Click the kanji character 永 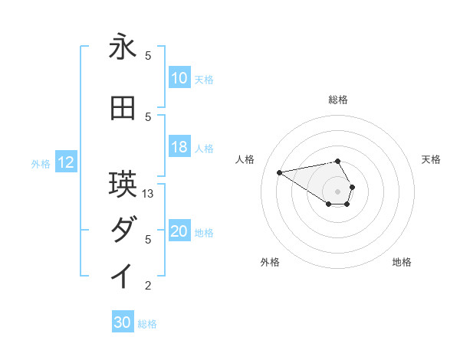click(x=123, y=47)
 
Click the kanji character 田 click(x=123, y=109)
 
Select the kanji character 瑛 click(x=123, y=185)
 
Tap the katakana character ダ click(x=123, y=230)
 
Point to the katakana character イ click(x=123, y=277)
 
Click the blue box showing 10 click(x=179, y=78)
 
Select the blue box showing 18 click(x=179, y=148)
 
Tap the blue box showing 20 click(x=179, y=232)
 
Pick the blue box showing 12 click(x=66, y=162)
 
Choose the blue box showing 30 click(x=123, y=323)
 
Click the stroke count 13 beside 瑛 click(x=149, y=194)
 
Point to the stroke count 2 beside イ click(x=149, y=286)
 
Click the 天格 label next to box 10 click(x=204, y=79)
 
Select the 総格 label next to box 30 click(x=147, y=324)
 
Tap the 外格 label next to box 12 click(x=41, y=163)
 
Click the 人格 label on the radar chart click(x=245, y=159)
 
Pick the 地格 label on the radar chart click(x=402, y=262)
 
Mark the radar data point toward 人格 click(x=279, y=172)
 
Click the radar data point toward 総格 click(x=337, y=161)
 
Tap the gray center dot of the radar click(x=337, y=191)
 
